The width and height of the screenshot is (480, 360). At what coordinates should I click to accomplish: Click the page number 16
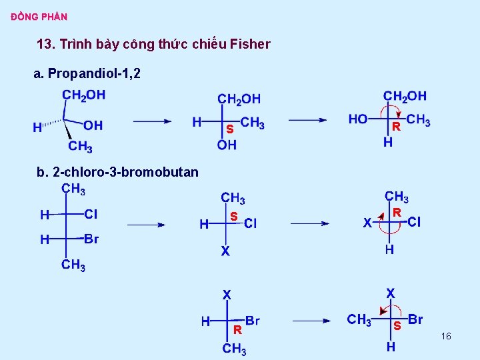pos(446,337)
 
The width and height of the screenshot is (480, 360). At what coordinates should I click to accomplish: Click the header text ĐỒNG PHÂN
pos(39,17)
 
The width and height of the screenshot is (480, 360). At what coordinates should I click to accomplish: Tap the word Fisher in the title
pos(250,45)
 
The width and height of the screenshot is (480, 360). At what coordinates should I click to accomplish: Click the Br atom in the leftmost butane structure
pos(91,239)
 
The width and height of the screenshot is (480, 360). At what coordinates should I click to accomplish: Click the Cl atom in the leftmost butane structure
pos(91,214)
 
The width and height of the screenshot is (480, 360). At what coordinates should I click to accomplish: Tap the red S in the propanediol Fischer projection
pos(229,128)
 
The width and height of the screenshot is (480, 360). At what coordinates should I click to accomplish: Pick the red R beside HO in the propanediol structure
pos(395,125)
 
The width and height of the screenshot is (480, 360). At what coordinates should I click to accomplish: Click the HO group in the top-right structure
pos(358,119)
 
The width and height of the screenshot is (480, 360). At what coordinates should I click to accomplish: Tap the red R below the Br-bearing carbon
pos(237,329)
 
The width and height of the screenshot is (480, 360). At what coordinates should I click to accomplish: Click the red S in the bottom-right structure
pos(397,327)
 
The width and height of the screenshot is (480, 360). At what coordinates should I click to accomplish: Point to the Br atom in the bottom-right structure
pos(415,319)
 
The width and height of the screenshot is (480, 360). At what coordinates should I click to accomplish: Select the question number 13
pos(45,45)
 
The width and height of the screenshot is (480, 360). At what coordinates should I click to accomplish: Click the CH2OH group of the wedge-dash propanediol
pos(83,95)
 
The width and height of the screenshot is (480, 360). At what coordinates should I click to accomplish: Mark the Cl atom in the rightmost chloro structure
pos(414,222)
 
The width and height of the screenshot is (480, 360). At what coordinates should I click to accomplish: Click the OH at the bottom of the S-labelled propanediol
pos(227,145)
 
